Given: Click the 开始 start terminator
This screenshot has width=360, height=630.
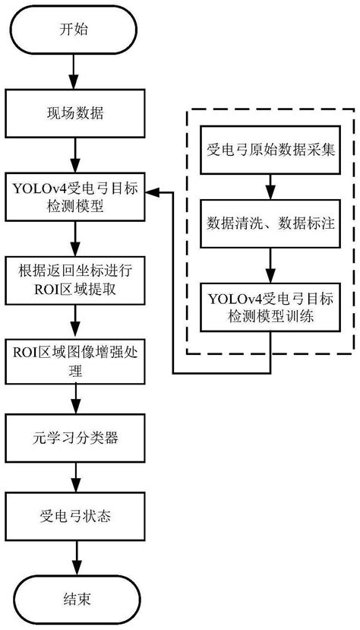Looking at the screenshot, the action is point(75,30).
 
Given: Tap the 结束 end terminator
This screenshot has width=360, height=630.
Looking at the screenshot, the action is point(75,600).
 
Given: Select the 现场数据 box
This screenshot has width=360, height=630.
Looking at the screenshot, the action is point(75,113).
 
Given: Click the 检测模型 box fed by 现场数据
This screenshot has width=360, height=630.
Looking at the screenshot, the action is point(75,197).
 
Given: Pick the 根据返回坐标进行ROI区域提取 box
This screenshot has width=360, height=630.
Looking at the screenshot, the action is point(75,280).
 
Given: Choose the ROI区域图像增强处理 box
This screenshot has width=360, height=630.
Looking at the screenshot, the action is point(75,360).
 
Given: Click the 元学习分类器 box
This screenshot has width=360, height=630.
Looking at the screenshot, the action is point(75,438).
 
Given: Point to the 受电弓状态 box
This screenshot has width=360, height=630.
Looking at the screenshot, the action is point(75,516).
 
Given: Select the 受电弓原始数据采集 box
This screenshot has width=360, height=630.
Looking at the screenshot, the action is point(270,150).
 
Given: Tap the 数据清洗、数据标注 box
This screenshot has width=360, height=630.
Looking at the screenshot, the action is point(270,223).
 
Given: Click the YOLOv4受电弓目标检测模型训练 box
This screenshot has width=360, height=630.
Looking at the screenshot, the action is point(270,307).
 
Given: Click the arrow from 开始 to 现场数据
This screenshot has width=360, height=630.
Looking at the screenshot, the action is point(75,71).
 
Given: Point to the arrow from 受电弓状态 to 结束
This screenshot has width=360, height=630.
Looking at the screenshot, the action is point(75,558).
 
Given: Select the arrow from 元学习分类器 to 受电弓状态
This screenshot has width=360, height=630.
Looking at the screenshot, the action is point(75,477).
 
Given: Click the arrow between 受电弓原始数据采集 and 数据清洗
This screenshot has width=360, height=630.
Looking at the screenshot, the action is point(270,187).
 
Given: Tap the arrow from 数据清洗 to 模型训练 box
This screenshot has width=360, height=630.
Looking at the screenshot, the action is point(270,265).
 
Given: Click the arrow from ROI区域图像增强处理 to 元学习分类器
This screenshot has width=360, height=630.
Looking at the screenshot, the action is point(75,399).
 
